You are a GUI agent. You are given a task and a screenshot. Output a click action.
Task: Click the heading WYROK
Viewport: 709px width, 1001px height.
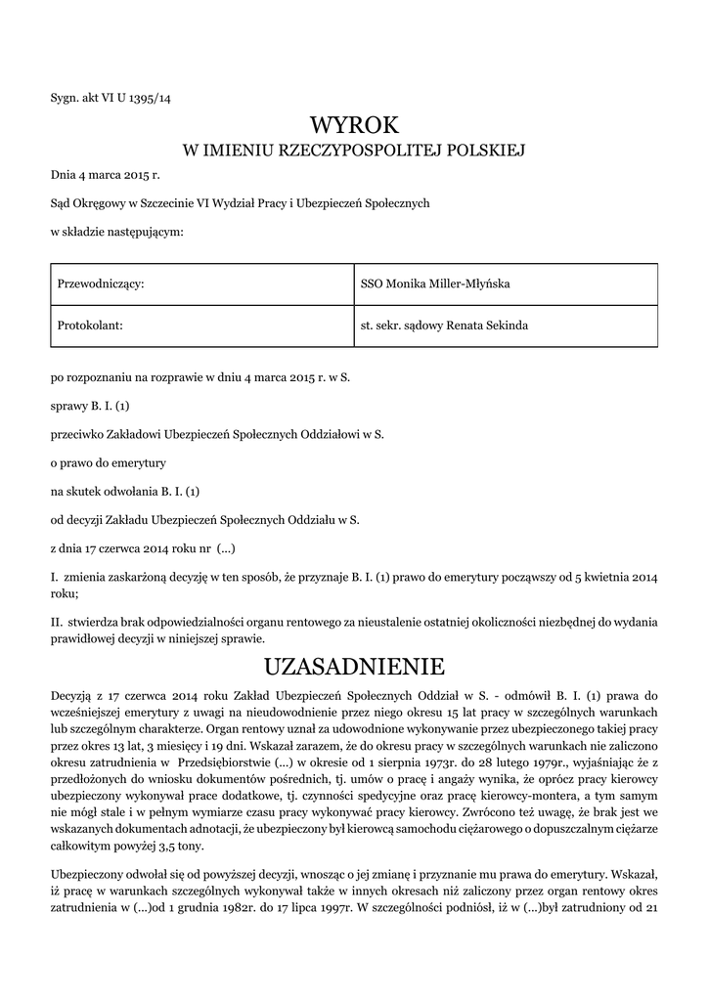354,124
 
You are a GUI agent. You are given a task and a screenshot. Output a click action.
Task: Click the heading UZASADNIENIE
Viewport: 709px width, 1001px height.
354,667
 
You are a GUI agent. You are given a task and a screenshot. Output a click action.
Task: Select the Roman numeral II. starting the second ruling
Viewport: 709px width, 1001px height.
57,622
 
